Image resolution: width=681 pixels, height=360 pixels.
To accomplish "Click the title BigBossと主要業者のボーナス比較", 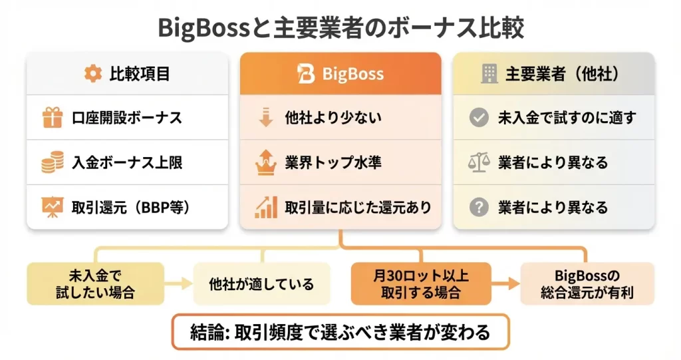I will click(340, 27).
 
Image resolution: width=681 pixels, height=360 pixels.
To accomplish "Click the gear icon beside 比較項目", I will click(92, 73).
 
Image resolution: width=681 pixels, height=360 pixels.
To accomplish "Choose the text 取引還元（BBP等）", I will click(132, 207).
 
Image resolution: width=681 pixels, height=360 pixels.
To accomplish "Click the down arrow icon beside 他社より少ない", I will click(265, 118).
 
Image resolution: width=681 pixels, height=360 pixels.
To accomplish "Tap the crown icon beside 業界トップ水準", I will click(265, 162).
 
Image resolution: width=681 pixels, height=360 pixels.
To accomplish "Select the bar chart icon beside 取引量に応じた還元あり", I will click(265, 207).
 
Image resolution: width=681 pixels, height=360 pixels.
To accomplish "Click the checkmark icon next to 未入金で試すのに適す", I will click(478, 118).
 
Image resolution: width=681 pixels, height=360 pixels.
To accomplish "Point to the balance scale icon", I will click(478, 162).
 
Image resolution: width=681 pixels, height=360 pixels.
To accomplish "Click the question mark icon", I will click(478, 207).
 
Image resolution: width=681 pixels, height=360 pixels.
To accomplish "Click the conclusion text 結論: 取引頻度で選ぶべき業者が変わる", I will click(340, 331).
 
